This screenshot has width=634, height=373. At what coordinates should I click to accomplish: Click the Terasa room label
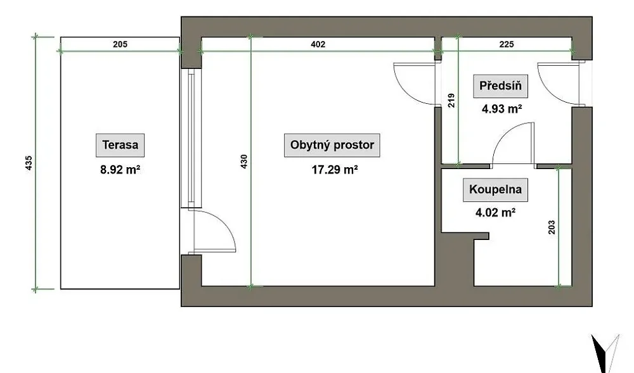(x=120, y=145)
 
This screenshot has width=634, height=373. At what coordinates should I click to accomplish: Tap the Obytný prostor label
(x=332, y=145)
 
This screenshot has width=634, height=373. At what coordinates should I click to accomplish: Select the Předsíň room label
(x=501, y=86)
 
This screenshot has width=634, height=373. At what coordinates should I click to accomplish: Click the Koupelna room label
(x=495, y=190)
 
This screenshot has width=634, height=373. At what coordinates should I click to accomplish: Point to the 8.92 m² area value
(x=120, y=170)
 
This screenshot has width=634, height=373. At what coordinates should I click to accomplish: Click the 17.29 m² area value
(x=334, y=170)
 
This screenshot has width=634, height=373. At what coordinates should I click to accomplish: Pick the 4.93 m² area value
(x=501, y=109)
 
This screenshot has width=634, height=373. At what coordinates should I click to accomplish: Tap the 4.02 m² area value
(x=495, y=212)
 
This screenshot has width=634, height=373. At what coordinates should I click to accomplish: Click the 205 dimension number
(x=120, y=44)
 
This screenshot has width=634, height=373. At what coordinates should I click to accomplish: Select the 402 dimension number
(x=318, y=44)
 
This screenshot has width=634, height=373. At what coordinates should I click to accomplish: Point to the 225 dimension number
(x=506, y=44)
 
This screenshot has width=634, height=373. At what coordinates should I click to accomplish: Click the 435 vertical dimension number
(x=29, y=163)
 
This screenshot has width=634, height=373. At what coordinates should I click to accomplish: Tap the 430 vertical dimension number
(x=244, y=161)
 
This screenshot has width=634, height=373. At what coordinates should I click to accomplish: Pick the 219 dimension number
(x=451, y=101)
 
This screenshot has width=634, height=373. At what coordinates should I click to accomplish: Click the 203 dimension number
(x=552, y=227)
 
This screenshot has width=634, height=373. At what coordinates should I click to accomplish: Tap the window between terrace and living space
(x=191, y=138)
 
